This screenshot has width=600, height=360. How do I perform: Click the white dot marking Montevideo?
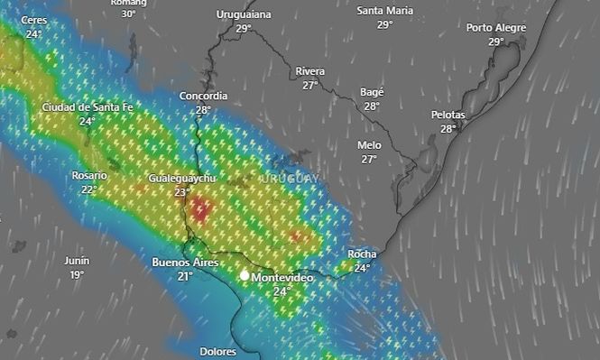pyautogui.click(x=244, y=275)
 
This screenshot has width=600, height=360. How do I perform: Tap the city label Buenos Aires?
pyautogui.click(x=184, y=263)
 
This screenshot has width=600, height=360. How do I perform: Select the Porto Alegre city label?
pyautogui.click(x=496, y=28)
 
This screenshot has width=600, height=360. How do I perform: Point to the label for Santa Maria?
pyautogui.click(x=385, y=11)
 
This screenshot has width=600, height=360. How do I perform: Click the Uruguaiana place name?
pyautogui.click(x=244, y=14)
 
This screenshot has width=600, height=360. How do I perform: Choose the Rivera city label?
pyautogui.click(x=310, y=71)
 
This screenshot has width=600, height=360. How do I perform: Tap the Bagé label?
pyautogui.click(x=372, y=92)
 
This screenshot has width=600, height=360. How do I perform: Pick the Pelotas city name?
pyautogui.click(x=448, y=115)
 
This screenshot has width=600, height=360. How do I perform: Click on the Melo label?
pyautogui.click(x=369, y=145)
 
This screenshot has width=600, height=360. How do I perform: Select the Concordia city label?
pyautogui.click(x=203, y=96)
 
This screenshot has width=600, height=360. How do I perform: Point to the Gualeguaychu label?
pyautogui.click(x=183, y=179)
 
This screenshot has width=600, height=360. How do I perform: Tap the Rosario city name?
pyautogui.click(x=89, y=176)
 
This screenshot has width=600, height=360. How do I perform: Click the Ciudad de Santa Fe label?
pyautogui.click(x=88, y=107)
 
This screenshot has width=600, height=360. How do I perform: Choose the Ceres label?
pyautogui.click(x=34, y=20)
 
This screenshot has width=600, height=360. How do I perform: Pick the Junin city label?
pyautogui.click(x=77, y=261)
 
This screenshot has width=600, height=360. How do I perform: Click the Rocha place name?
pyautogui.click(x=362, y=254)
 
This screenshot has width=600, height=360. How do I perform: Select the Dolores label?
pyautogui.click(x=217, y=352)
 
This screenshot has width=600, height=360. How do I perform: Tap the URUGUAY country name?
pyautogui.click(x=290, y=179)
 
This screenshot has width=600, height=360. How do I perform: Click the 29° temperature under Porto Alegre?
pyautogui.click(x=496, y=42)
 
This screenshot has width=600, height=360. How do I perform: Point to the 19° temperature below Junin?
pyautogui.click(x=77, y=274)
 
